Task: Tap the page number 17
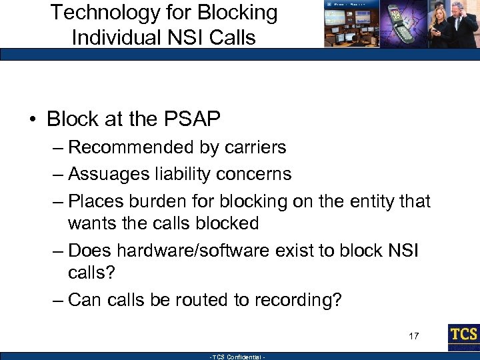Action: point(414,335)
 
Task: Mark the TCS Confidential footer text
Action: point(237,357)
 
